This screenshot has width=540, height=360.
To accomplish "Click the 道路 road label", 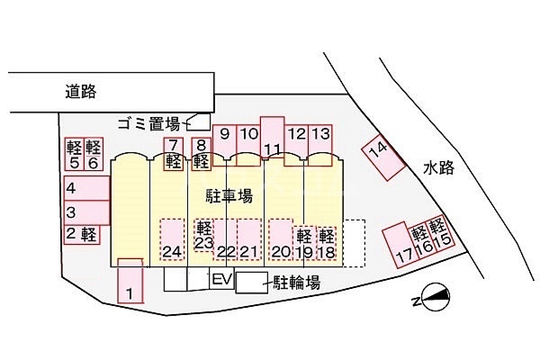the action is click(81, 91).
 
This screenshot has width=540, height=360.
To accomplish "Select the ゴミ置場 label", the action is click(148, 122).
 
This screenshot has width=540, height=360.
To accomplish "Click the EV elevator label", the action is click(222, 280).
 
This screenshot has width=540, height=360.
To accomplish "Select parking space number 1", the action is click(130, 281).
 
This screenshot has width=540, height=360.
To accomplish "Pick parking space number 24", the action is click(173, 238).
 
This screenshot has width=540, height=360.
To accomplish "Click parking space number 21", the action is click(249, 238).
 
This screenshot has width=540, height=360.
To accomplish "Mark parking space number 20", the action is click(281, 238).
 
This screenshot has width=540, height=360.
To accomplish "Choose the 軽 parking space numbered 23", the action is click(202, 236).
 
